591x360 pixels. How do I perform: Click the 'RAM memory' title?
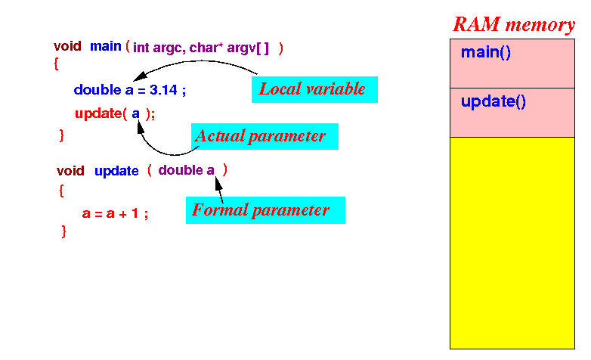click(x=514, y=24)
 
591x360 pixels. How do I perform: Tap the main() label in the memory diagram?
click(x=486, y=52)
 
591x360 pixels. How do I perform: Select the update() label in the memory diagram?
click(x=494, y=101)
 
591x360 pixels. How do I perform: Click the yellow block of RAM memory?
click(x=512, y=243)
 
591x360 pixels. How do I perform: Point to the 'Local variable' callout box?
click(x=314, y=89)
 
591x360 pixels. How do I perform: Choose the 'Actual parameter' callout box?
click(x=265, y=136)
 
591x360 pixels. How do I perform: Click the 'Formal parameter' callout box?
click(x=265, y=210)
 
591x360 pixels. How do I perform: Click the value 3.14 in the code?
click(x=163, y=90)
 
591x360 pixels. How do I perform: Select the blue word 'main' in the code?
click(x=106, y=46)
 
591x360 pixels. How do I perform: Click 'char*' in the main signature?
click(x=206, y=48)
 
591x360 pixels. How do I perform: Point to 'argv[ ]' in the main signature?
click(x=248, y=48)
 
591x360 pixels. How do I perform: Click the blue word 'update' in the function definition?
click(x=116, y=171)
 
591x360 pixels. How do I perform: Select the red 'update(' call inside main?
click(x=101, y=113)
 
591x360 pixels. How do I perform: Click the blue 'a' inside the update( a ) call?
click(x=136, y=113)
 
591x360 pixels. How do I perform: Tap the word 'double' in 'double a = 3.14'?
click(x=97, y=90)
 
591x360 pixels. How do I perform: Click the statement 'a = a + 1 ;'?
click(x=115, y=213)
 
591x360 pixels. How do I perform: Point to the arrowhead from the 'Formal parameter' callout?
click(x=218, y=184)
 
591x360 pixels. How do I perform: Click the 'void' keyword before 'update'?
click(x=70, y=171)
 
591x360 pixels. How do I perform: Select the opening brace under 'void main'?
click(x=56, y=64)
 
